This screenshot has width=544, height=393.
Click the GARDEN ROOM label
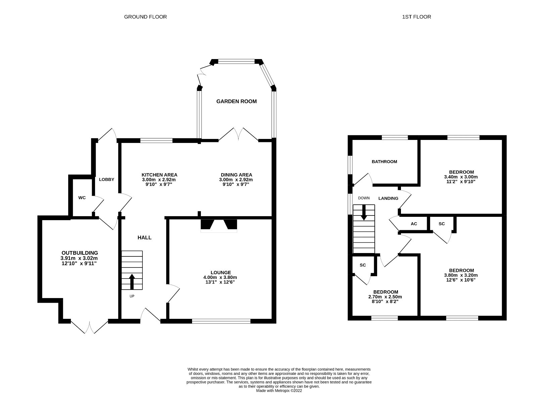pos(236,101)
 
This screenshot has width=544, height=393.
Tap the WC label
pos(82,198)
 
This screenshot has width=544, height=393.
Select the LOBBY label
pos(106,180)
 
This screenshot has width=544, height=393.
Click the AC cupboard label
pos(414,224)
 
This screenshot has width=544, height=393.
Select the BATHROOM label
pos(384,162)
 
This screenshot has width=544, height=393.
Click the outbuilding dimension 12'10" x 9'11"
pos(80,263)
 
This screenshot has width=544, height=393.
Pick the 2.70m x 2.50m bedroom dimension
pos(385,297)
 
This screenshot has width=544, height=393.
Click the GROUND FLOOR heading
pos(145,17)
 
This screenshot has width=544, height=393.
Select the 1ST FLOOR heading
pos(416,17)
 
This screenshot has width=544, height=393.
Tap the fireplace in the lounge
pos(219,225)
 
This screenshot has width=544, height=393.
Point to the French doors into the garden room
pos(239,134)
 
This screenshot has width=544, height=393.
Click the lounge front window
pos(221,321)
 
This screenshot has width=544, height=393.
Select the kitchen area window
pos(156,141)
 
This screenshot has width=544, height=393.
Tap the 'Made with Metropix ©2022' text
pos(279,391)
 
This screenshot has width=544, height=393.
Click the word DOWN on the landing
pos(364,198)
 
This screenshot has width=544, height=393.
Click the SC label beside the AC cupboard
pos(442,224)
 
